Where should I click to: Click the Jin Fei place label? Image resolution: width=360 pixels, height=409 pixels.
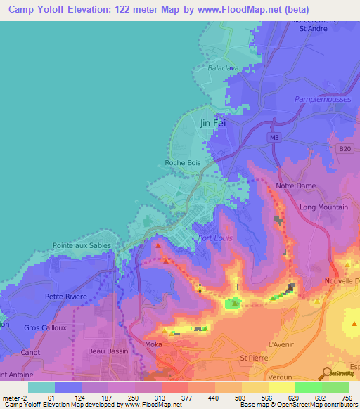(x=213, y=123)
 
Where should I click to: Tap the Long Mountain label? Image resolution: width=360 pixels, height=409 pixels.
(x=323, y=207)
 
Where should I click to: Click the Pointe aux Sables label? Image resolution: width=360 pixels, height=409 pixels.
(x=82, y=246)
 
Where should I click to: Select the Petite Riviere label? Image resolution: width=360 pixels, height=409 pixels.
(x=65, y=297)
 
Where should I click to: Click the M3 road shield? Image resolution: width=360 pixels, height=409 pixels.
(x=274, y=138)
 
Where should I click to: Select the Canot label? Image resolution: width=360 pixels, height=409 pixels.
(x=30, y=351)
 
